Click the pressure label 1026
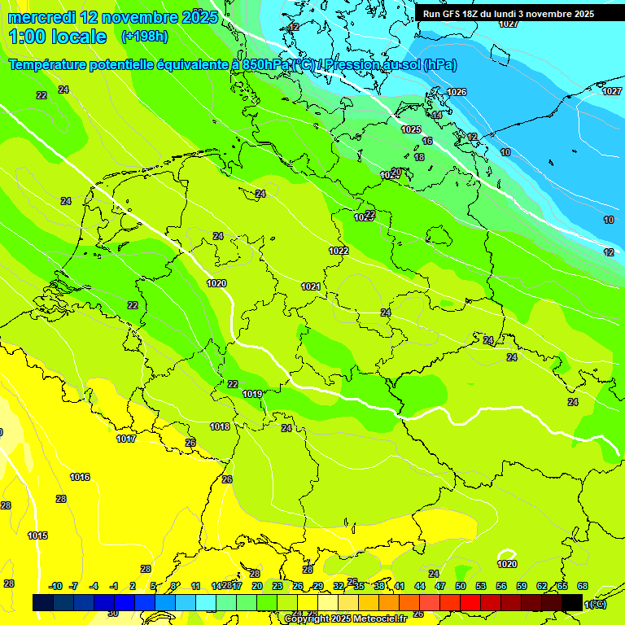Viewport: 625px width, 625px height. [x=457, y=92]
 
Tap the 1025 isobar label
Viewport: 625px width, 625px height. [x=411, y=129]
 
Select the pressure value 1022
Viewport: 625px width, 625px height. [x=339, y=251]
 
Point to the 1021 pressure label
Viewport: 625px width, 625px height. [x=310, y=286]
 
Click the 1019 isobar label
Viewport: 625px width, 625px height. [x=252, y=394]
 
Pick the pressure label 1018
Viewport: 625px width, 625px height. [x=220, y=426]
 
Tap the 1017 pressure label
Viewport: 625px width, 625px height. [x=126, y=439]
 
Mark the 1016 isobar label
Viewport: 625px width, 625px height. [x=80, y=477]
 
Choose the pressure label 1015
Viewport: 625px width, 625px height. [x=37, y=535]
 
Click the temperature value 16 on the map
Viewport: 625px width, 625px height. [x=427, y=141]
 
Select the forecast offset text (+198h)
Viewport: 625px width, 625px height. [x=144, y=36]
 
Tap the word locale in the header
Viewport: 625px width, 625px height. [x=78, y=37]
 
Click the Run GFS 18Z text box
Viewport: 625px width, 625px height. [x=509, y=14]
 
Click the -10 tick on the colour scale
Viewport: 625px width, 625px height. [x=55, y=586]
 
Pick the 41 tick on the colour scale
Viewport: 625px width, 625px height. [x=400, y=586]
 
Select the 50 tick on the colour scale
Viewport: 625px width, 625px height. [x=461, y=586]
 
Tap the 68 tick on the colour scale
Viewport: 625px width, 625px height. [x=583, y=586]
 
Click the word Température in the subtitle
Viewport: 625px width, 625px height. [x=53, y=64]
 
